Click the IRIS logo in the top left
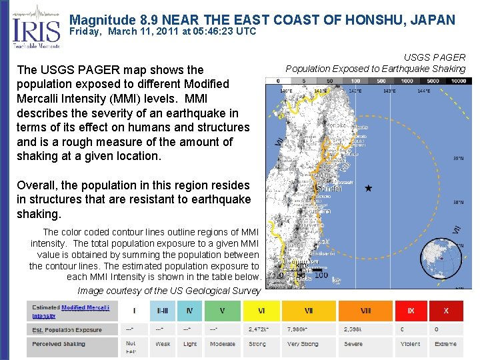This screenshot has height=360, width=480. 36,27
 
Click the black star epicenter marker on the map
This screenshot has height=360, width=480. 368,189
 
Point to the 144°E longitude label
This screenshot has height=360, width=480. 423,91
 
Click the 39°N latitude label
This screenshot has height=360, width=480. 459,159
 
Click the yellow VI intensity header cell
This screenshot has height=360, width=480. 261,311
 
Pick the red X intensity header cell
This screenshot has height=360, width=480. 446,311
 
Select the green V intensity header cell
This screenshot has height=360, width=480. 222,311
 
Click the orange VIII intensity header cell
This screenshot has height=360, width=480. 365,311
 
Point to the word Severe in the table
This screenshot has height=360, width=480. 353,344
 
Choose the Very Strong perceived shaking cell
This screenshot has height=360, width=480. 303,344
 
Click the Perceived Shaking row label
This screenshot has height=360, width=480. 59,344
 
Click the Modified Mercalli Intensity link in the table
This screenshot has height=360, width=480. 85,307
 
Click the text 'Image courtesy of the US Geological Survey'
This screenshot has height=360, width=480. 168,291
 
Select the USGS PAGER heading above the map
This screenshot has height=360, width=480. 435,58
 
